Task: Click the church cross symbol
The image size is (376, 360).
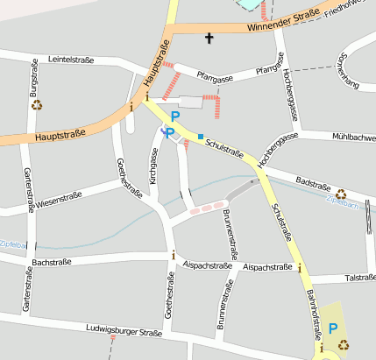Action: point(209,38)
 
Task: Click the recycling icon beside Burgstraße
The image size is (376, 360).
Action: point(38,105)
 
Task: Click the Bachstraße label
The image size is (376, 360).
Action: point(51,262)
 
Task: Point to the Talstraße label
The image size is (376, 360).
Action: point(359,278)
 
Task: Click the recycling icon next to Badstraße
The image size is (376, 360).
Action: point(341,194)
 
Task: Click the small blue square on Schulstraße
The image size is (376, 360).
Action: point(201,136)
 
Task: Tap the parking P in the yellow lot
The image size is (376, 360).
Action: point(332,328)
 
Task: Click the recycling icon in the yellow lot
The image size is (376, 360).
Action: point(343,344)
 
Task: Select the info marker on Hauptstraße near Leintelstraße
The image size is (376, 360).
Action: point(131,107)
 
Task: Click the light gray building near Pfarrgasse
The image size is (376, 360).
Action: point(190,102)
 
